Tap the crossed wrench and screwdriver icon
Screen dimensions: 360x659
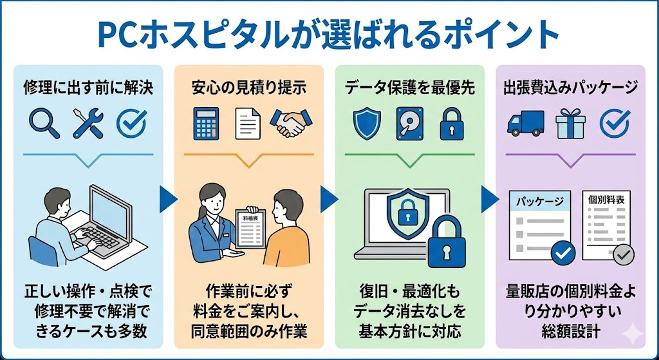coord(88,122)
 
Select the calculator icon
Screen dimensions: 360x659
coord(207,123)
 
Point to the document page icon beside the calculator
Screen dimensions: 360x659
coord(248,123)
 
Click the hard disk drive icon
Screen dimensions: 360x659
coord(410,123)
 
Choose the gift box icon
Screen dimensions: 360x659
coord(570,123)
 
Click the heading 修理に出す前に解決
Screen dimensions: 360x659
coord(88,88)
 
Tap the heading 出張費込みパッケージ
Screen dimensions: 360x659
coord(570,88)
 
